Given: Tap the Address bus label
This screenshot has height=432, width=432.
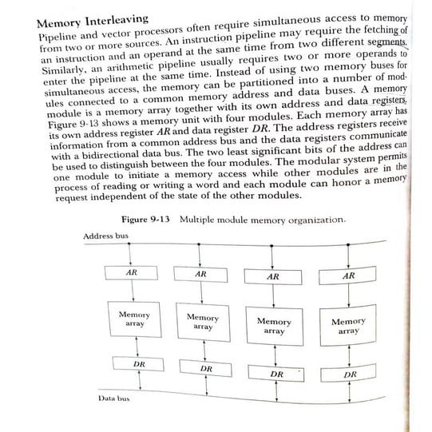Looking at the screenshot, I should click(x=105, y=236).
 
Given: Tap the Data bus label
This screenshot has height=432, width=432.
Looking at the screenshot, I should click(x=114, y=396).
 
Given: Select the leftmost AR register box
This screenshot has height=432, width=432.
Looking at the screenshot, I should click(x=132, y=273).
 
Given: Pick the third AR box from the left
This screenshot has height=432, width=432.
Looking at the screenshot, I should click(x=273, y=277).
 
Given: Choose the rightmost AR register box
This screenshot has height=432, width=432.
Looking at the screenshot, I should click(x=347, y=277).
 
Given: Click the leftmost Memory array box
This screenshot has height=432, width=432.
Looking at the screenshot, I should click(x=133, y=319).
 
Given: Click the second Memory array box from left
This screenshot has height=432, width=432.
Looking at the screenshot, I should click(x=204, y=322).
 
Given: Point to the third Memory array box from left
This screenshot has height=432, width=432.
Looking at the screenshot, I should click(x=274, y=326).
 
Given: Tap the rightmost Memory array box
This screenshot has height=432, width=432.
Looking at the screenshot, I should click(x=348, y=326).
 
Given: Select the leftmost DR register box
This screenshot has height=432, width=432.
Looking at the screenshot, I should click(x=139, y=364).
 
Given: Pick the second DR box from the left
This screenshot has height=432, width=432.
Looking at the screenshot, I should click(x=206, y=369).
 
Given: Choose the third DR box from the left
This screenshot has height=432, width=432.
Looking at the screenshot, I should click(x=276, y=373).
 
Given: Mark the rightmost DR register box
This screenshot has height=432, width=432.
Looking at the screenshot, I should click(x=349, y=374).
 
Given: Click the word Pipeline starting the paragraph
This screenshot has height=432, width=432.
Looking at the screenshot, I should click(x=60, y=38).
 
